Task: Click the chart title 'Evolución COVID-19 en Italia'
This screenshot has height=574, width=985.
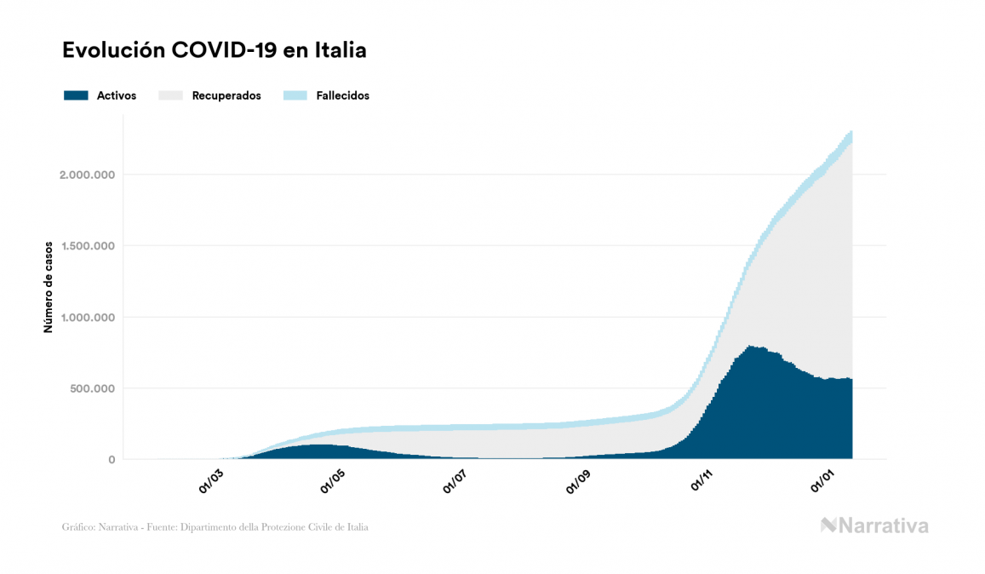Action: (215, 50)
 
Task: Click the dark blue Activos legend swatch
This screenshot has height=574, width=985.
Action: (76, 95)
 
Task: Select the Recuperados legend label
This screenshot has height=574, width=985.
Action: (226, 95)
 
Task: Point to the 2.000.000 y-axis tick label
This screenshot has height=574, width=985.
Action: (87, 175)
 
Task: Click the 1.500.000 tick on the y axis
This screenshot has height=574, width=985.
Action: (87, 246)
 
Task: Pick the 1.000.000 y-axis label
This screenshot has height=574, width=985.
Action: (87, 318)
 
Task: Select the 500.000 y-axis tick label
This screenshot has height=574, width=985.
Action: (92, 388)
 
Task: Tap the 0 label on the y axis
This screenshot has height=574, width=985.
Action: (111, 460)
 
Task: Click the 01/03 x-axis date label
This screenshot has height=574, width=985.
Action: (212, 481)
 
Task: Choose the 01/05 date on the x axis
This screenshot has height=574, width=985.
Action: (334, 481)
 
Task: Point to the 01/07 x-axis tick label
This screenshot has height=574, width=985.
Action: (456, 481)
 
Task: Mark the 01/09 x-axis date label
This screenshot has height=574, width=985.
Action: (579, 481)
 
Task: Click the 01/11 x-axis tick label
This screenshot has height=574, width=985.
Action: (702, 481)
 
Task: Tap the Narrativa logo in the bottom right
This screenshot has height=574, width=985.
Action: (874, 525)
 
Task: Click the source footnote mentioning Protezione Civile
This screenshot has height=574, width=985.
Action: (215, 527)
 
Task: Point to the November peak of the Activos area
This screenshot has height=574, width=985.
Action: (748, 347)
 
